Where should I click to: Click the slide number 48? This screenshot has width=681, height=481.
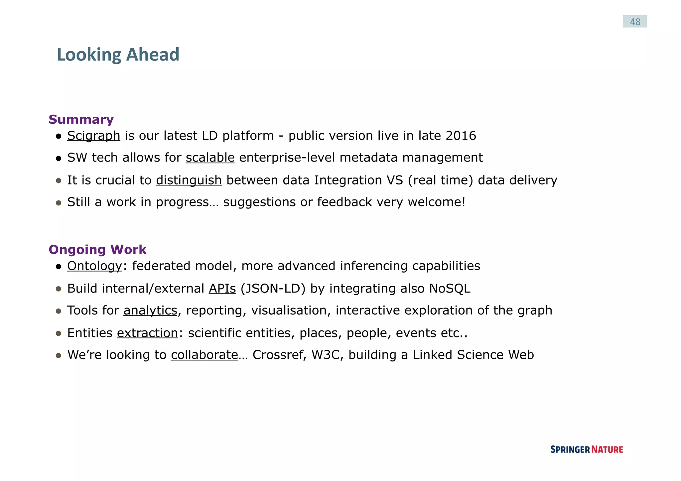click(635, 22)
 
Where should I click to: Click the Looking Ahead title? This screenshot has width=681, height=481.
click(118, 55)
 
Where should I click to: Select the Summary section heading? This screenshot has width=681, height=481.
click(81, 119)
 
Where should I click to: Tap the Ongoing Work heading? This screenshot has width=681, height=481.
click(97, 250)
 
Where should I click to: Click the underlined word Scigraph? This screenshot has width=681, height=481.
click(93, 136)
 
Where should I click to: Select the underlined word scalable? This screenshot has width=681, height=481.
click(210, 158)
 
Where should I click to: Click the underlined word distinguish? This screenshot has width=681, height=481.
click(189, 180)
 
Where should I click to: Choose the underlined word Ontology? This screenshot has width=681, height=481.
click(95, 266)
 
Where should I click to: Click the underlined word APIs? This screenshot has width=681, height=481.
click(222, 289)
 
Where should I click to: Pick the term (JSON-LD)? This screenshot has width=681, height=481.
click(273, 289)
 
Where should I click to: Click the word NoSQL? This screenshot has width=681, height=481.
click(450, 289)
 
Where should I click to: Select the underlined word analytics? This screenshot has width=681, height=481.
click(150, 310)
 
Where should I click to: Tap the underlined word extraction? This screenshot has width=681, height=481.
click(147, 333)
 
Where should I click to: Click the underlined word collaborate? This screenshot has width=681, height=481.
click(204, 355)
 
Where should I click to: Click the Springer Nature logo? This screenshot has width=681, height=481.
click(587, 449)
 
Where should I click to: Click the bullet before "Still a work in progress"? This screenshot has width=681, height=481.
click(59, 203)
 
